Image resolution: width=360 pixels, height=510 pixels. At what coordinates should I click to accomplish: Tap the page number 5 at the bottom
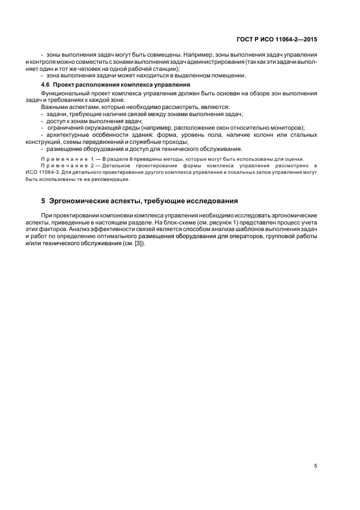click(x=316, y=466)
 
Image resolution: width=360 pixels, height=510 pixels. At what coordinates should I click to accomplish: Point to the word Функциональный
click(x=64, y=94)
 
